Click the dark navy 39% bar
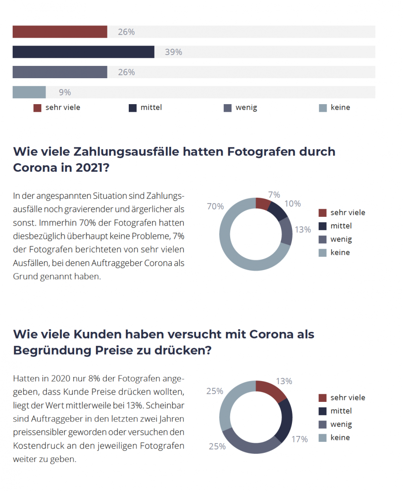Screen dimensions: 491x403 (83, 52)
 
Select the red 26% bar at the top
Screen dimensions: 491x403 (60, 32)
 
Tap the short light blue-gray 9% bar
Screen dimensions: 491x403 (29, 92)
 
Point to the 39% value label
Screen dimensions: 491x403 (173, 52)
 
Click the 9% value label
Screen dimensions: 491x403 (65, 92)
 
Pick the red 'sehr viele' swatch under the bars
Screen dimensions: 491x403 (37, 108)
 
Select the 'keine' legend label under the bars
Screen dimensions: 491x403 (340, 108)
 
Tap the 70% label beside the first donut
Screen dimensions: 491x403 (215, 206)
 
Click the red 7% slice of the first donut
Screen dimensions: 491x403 (262, 203)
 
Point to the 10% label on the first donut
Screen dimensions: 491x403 (292, 204)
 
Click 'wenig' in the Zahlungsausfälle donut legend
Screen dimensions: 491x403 (341, 239)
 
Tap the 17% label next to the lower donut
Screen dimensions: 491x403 (300, 439)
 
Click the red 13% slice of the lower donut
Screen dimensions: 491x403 (270, 391)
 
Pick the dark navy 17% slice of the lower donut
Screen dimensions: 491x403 (286, 421)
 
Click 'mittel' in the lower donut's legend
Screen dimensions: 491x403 (341, 411)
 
